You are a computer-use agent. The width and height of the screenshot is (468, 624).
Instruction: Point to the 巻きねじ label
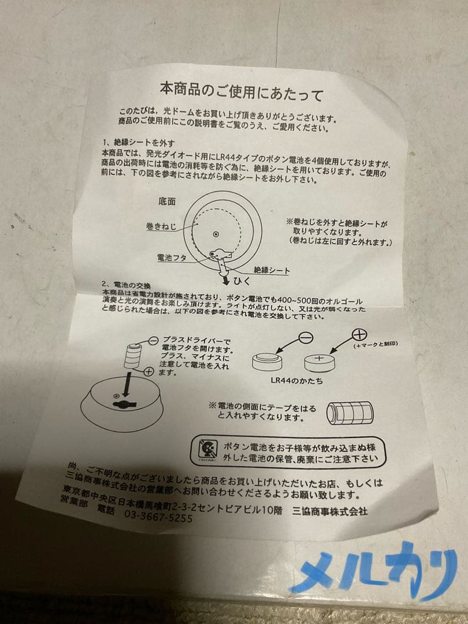[x=161, y=227]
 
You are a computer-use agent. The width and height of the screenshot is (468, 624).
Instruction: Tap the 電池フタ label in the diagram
[x=172, y=258]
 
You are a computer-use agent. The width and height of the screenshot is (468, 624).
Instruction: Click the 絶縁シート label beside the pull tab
[x=271, y=270]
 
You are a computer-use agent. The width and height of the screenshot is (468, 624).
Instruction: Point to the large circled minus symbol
[x=307, y=338]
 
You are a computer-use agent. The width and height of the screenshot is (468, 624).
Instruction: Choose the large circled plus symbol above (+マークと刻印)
[x=359, y=335]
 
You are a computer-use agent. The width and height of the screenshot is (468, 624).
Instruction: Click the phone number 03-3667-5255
[x=158, y=518]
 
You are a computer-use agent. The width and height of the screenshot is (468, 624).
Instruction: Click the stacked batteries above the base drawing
[x=134, y=354]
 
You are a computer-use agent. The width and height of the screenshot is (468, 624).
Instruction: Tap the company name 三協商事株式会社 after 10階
[x=330, y=511]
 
